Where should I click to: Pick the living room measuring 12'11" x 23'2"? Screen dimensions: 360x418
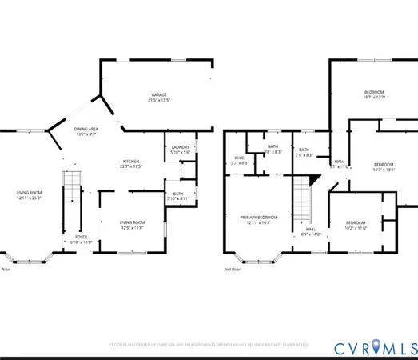click(30, 195)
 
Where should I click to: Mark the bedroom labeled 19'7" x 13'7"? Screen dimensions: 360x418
click(377, 94)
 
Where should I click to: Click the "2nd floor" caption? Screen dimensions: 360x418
click(233, 270)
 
